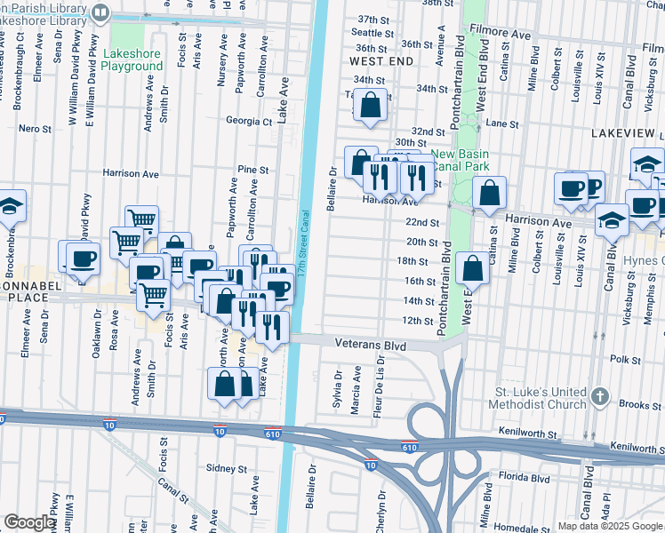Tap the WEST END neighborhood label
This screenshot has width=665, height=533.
[x=381, y=61]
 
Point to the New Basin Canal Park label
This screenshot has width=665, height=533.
[x=461, y=159]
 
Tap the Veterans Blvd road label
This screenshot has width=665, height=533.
[x=370, y=343]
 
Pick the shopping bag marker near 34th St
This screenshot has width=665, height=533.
[x=370, y=107]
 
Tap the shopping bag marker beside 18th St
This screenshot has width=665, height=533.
[x=472, y=268]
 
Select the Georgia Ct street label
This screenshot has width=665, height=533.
[x=248, y=121]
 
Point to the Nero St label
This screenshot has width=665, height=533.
[x=35, y=129]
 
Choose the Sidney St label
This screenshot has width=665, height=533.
[x=225, y=467]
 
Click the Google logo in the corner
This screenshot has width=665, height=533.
[x=30, y=522]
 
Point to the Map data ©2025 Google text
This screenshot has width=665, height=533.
[x=609, y=526]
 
